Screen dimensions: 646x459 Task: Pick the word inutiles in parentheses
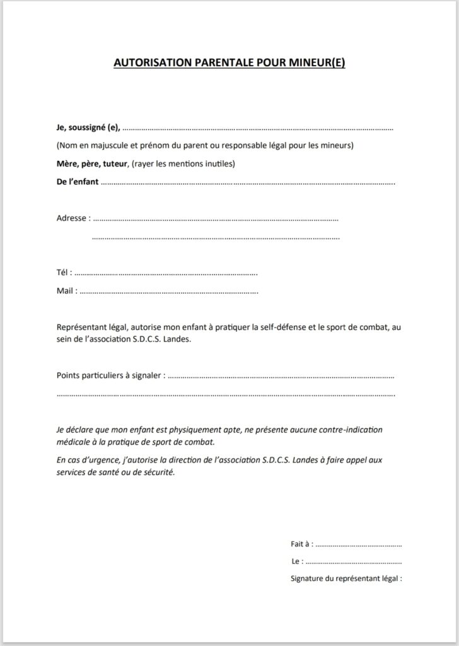[x=216, y=164]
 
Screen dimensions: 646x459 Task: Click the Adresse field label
[x=71, y=218]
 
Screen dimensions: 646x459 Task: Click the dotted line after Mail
[x=169, y=292]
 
